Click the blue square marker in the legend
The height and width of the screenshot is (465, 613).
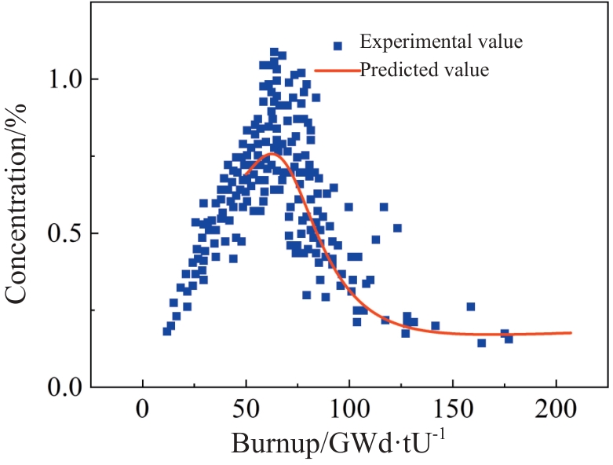[x=338, y=46]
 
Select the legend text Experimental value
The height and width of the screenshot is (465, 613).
[x=441, y=41]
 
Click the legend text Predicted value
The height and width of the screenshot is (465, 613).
[x=425, y=70]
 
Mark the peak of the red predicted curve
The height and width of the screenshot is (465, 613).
[x=272, y=153]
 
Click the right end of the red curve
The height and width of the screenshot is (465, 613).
[x=571, y=333]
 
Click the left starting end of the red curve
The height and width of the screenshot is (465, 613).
[x=245, y=174]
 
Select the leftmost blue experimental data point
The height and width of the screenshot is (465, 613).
[x=167, y=331]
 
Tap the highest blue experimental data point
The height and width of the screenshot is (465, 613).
[x=275, y=53]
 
